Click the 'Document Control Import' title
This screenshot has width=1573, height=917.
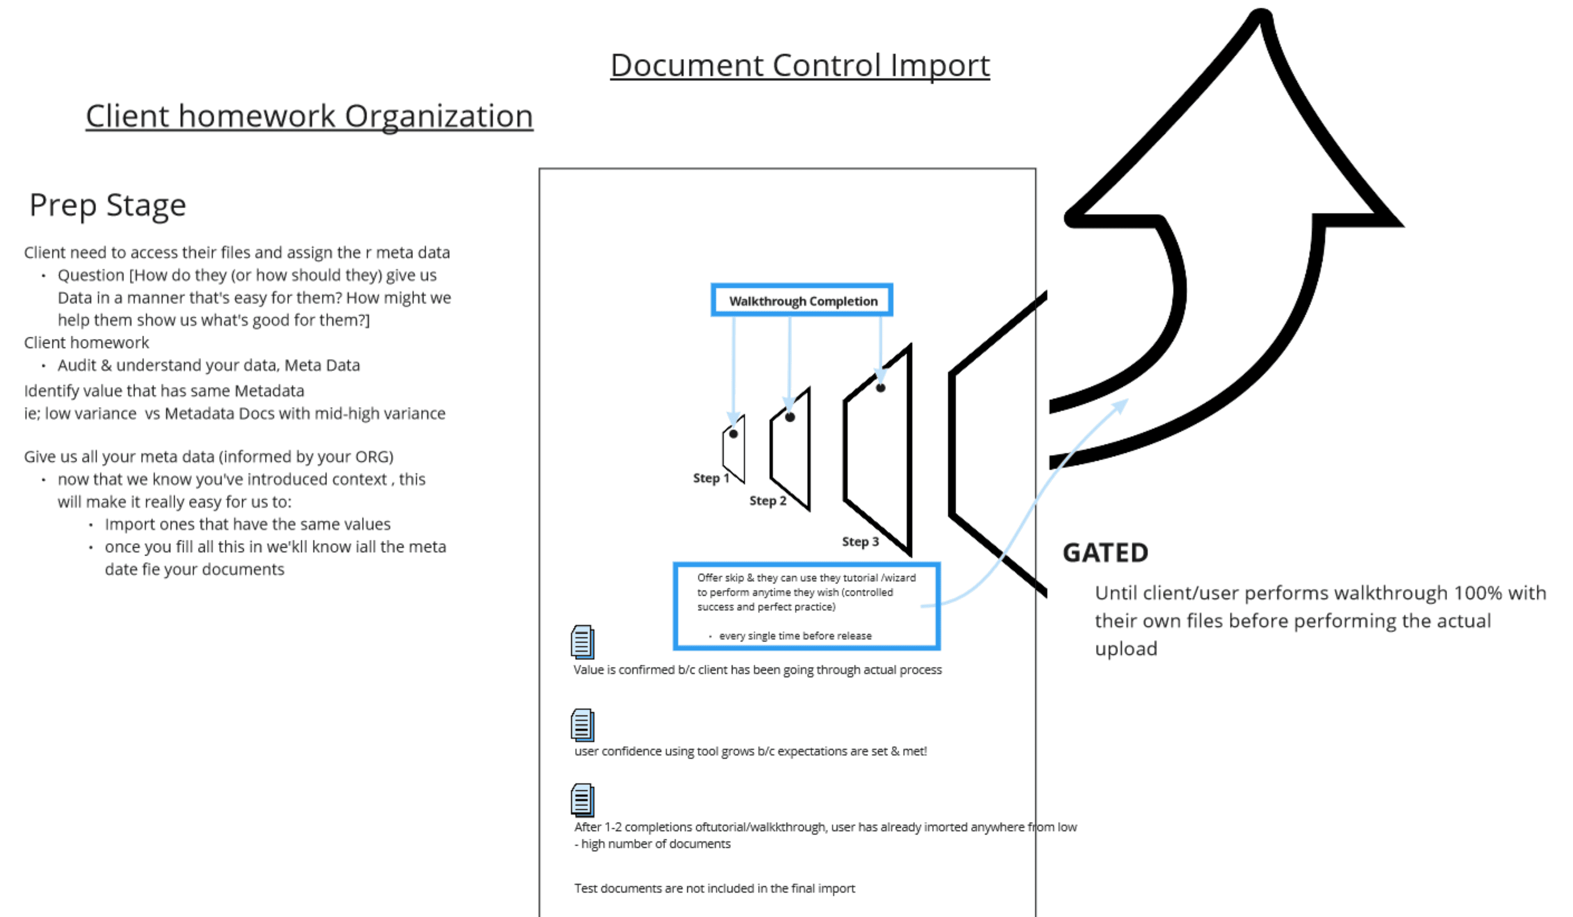pos(800,66)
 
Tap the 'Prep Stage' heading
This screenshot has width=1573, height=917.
pos(108,205)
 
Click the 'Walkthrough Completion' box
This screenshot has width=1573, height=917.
pos(802,300)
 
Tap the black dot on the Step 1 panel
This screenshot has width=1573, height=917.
pos(734,434)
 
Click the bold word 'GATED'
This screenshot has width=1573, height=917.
pos(1105,553)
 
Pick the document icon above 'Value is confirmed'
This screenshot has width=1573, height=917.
pos(582,642)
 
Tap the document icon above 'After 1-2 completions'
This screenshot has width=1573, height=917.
pos(582,800)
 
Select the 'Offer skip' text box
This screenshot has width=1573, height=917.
pos(806,606)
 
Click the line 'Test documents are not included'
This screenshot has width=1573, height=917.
pos(715,888)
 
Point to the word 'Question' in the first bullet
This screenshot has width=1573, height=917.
pos(91,275)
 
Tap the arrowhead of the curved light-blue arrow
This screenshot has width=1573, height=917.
pos(1122,404)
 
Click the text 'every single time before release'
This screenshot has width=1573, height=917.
pos(795,635)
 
